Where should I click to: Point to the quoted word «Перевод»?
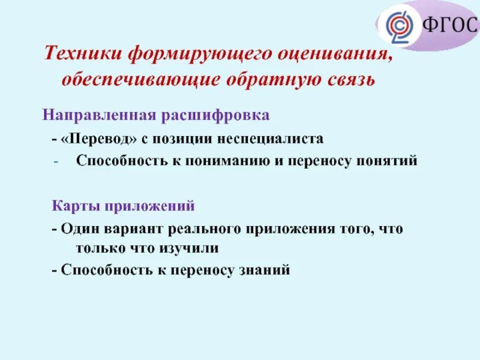[x=99, y=139]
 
